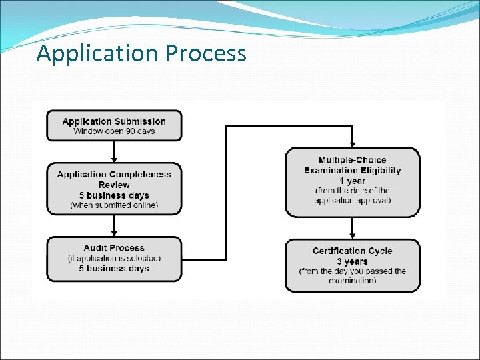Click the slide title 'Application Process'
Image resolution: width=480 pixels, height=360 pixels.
[141, 53]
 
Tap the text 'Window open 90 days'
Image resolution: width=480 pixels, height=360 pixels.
[114, 131]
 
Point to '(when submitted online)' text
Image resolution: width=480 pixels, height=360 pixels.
[114, 205]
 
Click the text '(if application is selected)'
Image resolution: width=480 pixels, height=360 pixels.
[114, 258]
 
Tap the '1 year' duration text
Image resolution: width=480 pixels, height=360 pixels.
[353, 181]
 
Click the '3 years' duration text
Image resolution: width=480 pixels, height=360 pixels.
[353, 261]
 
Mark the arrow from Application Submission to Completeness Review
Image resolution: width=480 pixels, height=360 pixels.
[114, 151]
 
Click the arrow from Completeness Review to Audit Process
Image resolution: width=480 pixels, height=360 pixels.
[114, 225]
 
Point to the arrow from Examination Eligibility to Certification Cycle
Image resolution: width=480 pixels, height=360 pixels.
[353, 228]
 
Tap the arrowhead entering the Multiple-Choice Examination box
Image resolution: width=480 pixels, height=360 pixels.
[353, 144]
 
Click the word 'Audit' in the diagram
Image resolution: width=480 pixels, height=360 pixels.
[97, 248]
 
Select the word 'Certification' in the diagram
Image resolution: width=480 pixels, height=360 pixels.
[339, 251]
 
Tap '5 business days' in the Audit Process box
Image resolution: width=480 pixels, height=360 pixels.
[114, 269]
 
